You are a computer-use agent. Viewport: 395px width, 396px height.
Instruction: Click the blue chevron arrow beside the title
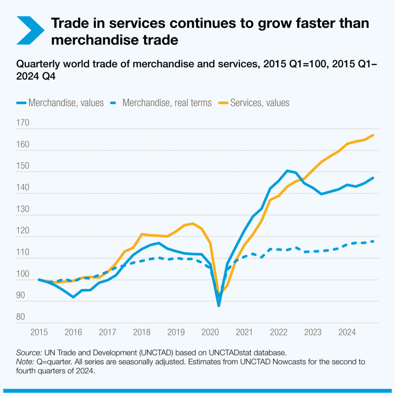click(30, 30)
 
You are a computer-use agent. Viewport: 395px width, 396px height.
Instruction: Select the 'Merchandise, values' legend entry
click(65, 103)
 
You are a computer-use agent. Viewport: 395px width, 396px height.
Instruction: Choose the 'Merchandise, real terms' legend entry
click(166, 103)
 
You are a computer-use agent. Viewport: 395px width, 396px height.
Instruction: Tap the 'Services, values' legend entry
click(259, 103)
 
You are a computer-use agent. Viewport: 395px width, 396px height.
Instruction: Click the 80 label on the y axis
click(21, 317)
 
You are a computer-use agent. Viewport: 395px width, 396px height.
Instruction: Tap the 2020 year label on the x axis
click(210, 332)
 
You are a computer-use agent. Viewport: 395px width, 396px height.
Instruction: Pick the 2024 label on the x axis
click(347, 332)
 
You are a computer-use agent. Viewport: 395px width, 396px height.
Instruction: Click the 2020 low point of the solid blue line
click(219, 306)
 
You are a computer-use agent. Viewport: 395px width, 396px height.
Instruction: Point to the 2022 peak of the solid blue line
click(287, 171)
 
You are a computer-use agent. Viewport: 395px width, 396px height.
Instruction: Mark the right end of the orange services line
click(373, 135)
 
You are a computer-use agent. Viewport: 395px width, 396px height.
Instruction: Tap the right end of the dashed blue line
click(373, 241)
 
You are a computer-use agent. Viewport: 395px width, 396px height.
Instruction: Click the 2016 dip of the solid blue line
click(73, 297)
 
